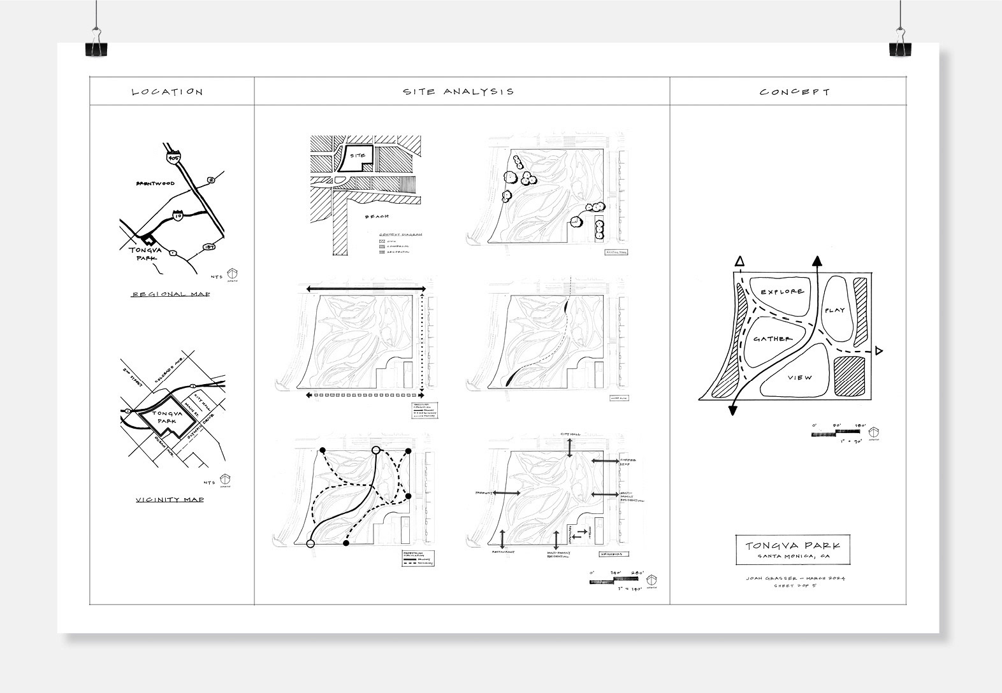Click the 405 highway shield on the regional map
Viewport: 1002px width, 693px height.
pos(171,155)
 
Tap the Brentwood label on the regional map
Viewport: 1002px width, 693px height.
pos(155,183)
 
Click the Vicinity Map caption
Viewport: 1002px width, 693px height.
pos(170,500)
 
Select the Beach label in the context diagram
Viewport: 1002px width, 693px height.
pos(377,217)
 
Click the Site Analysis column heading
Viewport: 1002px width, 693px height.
pos(458,92)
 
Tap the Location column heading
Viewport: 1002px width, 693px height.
pos(167,92)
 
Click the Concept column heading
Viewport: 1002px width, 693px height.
pos(794,92)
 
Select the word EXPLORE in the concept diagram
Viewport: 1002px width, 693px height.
pos(781,291)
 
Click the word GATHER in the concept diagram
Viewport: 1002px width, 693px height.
pos(772,339)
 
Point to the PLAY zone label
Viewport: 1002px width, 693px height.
pos(834,310)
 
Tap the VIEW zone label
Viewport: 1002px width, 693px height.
pos(800,378)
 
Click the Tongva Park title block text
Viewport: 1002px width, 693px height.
pos(792,546)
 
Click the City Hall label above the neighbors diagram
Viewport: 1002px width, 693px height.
pos(569,434)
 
